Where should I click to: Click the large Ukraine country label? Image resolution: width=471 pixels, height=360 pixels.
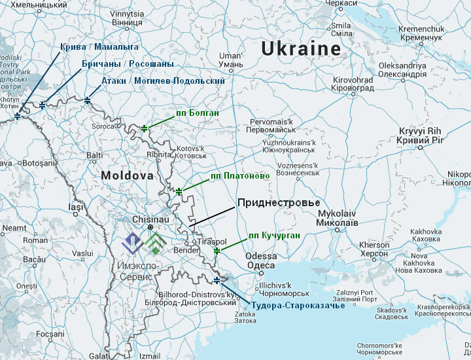(x=301, y=48)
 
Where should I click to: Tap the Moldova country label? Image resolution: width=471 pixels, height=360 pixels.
(x=127, y=176)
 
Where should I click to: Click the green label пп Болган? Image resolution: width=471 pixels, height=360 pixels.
(x=197, y=113)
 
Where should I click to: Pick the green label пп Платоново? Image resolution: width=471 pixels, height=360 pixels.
(x=240, y=176)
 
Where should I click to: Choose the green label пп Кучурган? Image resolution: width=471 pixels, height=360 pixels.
(x=275, y=235)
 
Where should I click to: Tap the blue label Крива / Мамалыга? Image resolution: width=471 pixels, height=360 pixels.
(x=99, y=47)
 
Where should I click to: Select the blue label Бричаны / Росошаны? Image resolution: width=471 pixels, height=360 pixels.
(x=128, y=64)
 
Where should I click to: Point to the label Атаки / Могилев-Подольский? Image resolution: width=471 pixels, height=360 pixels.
(x=163, y=81)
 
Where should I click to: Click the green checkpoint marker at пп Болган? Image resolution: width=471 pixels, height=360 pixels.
(x=145, y=128)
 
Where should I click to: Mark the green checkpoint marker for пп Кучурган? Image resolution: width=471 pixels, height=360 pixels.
(x=217, y=251)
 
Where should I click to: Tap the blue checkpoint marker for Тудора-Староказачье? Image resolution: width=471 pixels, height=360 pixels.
(x=217, y=281)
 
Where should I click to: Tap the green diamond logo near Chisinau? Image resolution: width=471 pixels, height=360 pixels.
(x=154, y=243)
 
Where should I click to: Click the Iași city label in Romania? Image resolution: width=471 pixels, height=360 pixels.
(x=76, y=207)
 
